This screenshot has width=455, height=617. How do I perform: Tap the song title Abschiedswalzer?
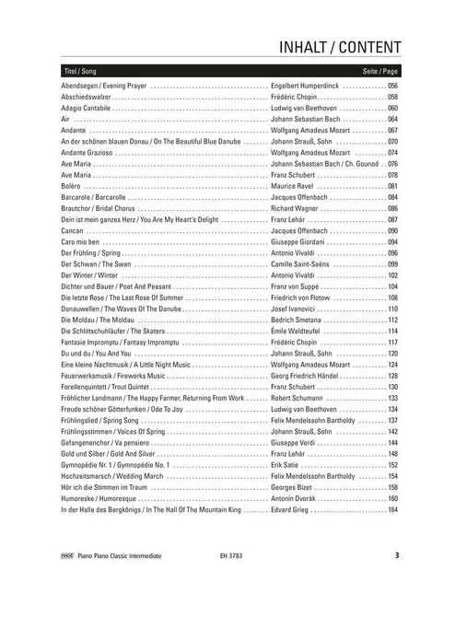pos(87,96)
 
